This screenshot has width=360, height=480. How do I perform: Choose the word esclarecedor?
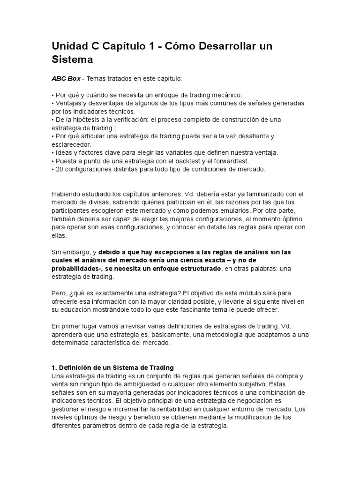71,144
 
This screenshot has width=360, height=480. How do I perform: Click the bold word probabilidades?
76,269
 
